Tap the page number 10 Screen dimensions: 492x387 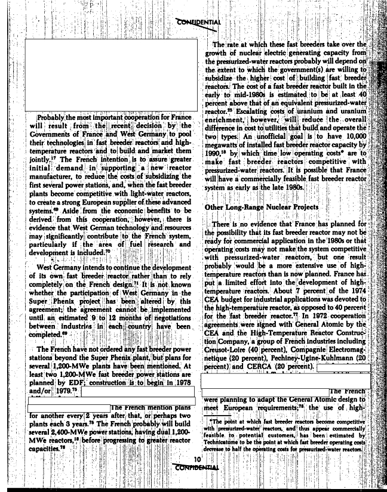coord(196,459)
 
